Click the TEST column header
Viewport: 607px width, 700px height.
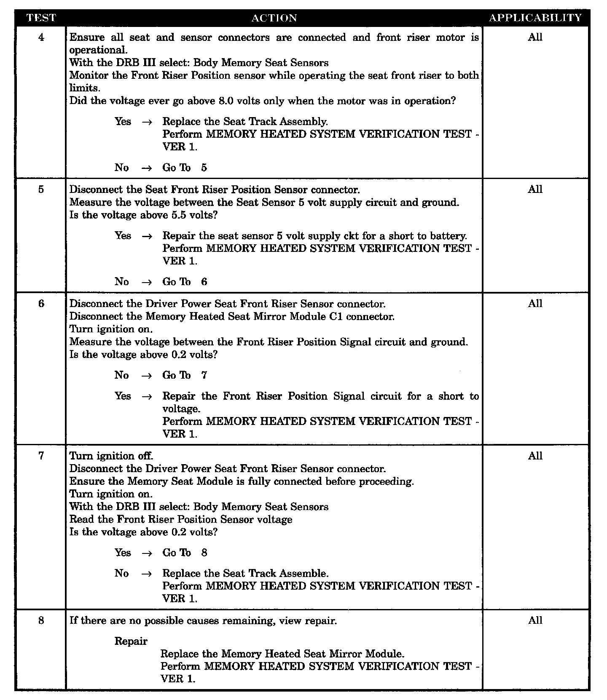41,18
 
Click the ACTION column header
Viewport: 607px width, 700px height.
274,18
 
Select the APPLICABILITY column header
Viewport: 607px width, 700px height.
535,18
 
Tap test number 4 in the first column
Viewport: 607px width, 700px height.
41,37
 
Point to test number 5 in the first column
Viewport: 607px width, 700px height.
41,190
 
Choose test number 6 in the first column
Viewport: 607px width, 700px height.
41,304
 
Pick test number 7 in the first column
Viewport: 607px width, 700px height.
41,456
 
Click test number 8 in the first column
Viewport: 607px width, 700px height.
41,620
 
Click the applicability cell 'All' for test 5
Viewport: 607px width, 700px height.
535,190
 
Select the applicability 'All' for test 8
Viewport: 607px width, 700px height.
535,620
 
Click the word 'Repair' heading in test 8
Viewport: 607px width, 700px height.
131,641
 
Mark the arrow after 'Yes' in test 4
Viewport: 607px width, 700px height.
147,122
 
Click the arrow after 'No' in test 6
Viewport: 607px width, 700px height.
147,376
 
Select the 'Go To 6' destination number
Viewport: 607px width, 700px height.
204,282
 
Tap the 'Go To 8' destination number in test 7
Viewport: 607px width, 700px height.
204,553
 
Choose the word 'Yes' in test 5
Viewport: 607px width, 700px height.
123,236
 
